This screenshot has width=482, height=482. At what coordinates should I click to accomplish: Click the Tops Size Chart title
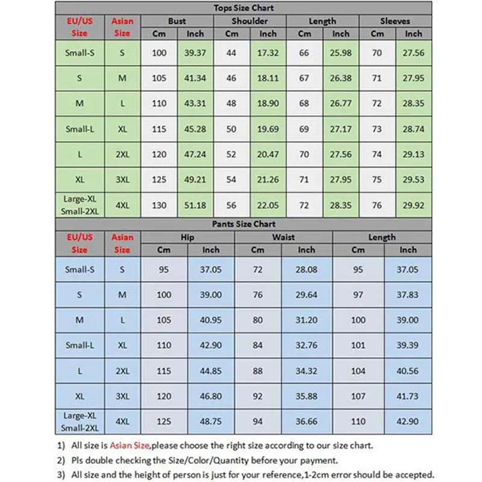point(243,8)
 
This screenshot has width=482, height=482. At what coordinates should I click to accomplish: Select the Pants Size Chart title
point(243,224)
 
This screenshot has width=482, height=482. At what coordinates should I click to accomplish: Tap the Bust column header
point(177,21)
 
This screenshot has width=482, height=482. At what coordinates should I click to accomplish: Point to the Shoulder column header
point(250,21)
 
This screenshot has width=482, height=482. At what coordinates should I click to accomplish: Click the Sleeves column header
point(395,21)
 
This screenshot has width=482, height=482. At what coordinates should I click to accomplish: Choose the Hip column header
point(187,237)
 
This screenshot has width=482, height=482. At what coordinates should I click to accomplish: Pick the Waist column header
point(283,237)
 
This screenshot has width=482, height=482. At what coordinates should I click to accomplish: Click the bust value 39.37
point(195,53)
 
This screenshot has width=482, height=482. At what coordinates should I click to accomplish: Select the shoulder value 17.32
point(268,53)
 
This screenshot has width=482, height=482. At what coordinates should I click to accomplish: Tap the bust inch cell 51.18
point(195,205)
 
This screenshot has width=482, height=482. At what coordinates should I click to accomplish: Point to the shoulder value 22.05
point(268,205)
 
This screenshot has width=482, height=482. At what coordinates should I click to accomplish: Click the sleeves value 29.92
point(414,205)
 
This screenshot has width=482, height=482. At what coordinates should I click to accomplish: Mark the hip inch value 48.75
point(211,422)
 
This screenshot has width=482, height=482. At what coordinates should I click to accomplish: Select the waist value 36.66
point(307,422)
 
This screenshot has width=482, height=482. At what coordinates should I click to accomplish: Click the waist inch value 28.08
point(307,270)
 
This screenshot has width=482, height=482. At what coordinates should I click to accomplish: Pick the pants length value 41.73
point(408,396)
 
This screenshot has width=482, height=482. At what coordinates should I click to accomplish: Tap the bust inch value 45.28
point(195,130)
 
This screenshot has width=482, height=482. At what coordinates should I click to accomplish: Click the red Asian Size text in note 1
point(129,446)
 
